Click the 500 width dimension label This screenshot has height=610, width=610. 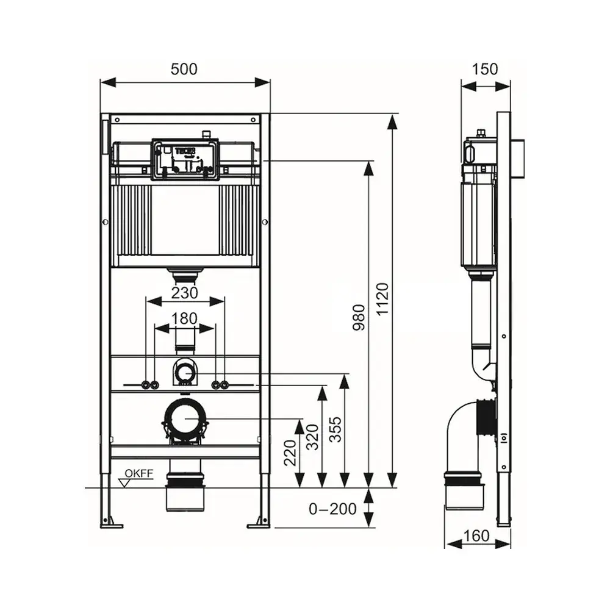pyautogui.click(x=184, y=69)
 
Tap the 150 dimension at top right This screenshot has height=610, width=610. pyautogui.click(x=486, y=69)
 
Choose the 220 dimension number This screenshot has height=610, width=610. pyautogui.click(x=290, y=451)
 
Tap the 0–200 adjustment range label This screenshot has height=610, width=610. pyautogui.click(x=332, y=509)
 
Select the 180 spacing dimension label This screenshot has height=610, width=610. pyautogui.click(x=184, y=318)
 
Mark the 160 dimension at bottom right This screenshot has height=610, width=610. pyautogui.click(x=476, y=536)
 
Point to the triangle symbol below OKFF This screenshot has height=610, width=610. pyautogui.click(x=127, y=483)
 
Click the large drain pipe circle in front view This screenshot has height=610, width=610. pyautogui.click(x=185, y=418)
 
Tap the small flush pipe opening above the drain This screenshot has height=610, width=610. pyautogui.click(x=185, y=371)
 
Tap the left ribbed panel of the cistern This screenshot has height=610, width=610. pyautogui.click(x=132, y=220)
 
